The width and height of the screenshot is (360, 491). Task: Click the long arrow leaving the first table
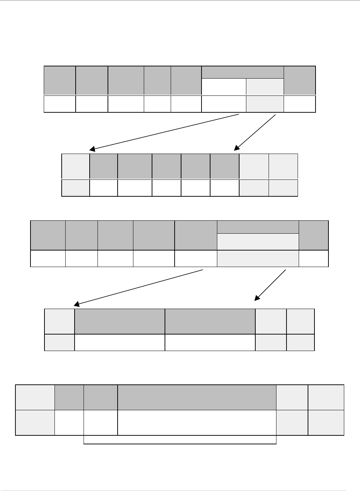click(x=164, y=131)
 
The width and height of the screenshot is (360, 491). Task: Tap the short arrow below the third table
click(x=271, y=285)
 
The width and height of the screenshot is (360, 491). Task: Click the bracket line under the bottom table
click(x=180, y=444)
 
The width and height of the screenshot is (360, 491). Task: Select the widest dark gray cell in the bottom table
click(x=197, y=397)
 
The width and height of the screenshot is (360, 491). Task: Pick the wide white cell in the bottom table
click(x=197, y=422)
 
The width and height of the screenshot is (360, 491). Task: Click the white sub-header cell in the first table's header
click(x=224, y=86)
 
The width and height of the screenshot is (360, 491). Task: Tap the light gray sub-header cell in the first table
click(x=265, y=86)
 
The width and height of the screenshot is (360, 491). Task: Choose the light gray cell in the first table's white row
click(x=265, y=104)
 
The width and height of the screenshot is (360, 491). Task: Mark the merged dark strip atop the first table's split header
click(x=243, y=72)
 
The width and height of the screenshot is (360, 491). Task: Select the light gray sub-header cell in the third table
click(x=258, y=241)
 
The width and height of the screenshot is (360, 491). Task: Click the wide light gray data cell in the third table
click(x=258, y=258)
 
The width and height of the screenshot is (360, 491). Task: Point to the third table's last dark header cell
click(x=314, y=235)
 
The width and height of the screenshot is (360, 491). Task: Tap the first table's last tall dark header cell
click(x=300, y=80)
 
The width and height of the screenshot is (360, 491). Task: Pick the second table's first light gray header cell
click(x=76, y=167)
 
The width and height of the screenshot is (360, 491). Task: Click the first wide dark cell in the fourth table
click(x=120, y=321)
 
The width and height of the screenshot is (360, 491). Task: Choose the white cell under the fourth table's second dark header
click(x=210, y=342)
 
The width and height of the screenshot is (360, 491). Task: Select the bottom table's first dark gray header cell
click(x=69, y=397)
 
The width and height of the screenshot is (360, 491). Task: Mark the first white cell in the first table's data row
click(x=60, y=104)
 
